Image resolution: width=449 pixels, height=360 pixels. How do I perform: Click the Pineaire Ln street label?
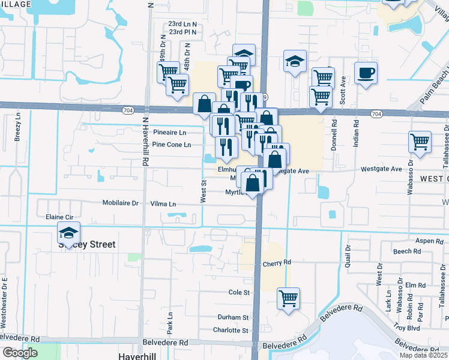[x=170, y=132]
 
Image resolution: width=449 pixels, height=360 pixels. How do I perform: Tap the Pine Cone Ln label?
[x=171, y=145]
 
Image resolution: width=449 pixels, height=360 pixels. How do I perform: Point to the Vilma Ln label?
[x=163, y=204]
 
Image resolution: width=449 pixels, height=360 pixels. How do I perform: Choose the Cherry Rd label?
[x=277, y=263]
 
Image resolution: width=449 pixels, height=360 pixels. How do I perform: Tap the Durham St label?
[x=234, y=317]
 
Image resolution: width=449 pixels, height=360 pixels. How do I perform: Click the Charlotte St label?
[x=231, y=330]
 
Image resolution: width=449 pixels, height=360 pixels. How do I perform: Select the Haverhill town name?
[x=138, y=355]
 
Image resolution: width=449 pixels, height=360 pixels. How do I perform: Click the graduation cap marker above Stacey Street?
[x=69, y=233]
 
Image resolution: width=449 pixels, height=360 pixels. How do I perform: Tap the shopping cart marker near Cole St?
[x=289, y=298]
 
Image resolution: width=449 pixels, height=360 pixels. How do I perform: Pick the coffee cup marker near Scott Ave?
[x=366, y=74]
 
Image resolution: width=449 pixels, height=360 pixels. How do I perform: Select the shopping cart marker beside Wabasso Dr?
[x=420, y=143]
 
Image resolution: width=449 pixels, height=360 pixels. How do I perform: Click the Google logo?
[x=20, y=353]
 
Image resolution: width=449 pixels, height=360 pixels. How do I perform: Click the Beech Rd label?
[x=408, y=251]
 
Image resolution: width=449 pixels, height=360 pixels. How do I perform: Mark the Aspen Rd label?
[x=429, y=241]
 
